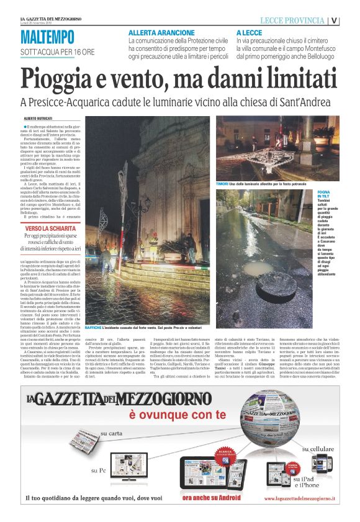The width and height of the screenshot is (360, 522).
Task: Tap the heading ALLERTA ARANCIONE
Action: pyautogui.click(x=161, y=32)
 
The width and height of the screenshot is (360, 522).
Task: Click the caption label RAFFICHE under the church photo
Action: pyautogui.click(x=93, y=326)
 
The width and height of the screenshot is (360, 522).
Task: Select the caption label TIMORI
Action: pyautogui.click(x=222, y=184)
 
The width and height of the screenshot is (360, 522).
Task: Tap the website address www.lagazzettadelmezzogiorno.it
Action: pyautogui.click(x=300, y=498)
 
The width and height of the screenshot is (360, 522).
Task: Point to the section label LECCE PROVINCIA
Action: pyautogui.click(x=292, y=20)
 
